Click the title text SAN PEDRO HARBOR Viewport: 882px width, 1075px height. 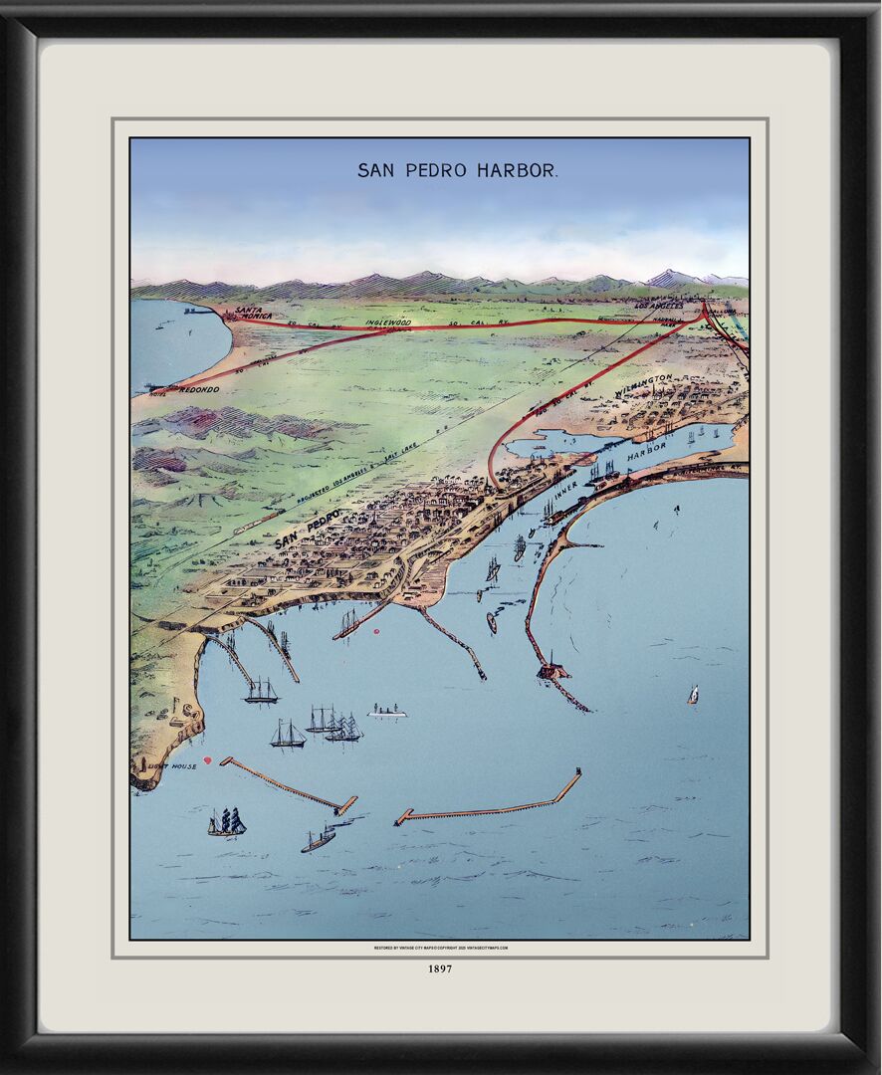(x=457, y=170)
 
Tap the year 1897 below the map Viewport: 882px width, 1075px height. (x=440, y=967)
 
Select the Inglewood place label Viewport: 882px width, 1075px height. (x=387, y=322)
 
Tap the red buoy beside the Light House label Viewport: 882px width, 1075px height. (x=207, y=760)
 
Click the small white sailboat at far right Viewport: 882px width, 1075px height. (x=693, y=695)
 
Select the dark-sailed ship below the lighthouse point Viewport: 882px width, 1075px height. (x=227, y=822)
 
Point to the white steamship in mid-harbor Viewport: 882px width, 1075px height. (x=387, y=712)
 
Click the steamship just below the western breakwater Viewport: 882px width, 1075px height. (x=319, y=839)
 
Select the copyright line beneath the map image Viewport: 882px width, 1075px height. (x=440, y=948)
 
